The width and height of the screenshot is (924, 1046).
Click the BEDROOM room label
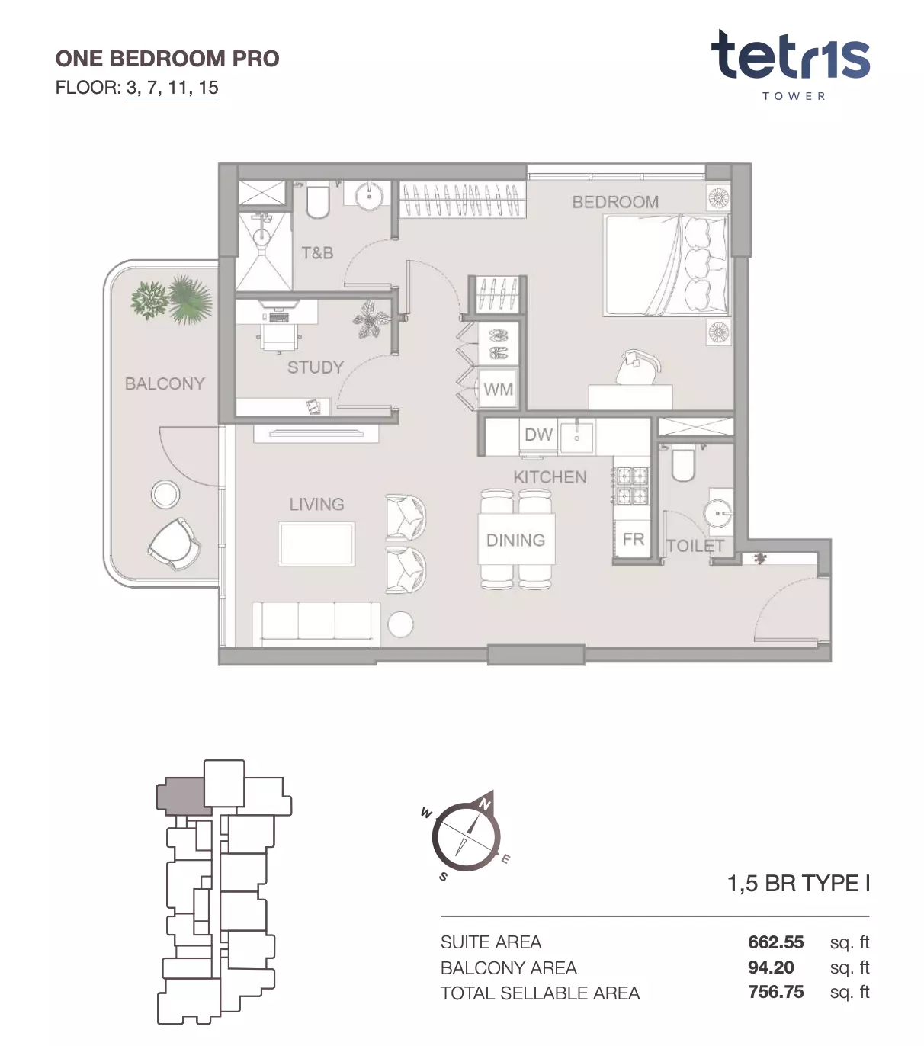click(x=614, y=202)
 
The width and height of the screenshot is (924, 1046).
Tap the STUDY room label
click(x=316, y=367)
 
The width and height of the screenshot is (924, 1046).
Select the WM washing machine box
click(x=498, y=388)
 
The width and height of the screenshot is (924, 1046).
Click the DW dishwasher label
click(x=538, y=435)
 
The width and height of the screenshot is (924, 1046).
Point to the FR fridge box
click(x=633, y=539)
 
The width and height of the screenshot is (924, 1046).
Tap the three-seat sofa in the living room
click(x=316, y=624)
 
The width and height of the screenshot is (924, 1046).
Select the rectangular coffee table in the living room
click(x=316, y=544)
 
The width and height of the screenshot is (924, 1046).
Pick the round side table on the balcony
click(x=165, y=494)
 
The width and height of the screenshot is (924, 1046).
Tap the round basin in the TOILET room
click(x=717, y=512)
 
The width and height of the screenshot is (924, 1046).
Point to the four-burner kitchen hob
click(x=630, y=486)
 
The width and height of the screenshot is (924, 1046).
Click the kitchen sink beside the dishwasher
click(x=576, y=436)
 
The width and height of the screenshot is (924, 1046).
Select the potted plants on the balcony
click(x=172, y=300)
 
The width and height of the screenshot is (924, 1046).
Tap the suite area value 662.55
click(x=775, y=942)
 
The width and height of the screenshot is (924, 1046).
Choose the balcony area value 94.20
click(x=771, y=967)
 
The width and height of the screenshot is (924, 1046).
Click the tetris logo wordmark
click(x=790, y=56)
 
